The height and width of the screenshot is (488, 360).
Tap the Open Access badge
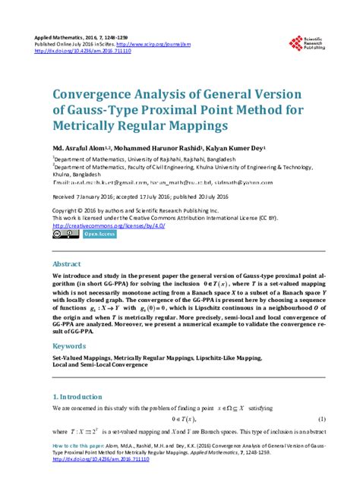pos(99,235)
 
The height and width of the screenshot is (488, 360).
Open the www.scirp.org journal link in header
pos(167,45)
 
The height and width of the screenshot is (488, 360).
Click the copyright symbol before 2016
pos(84,209)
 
